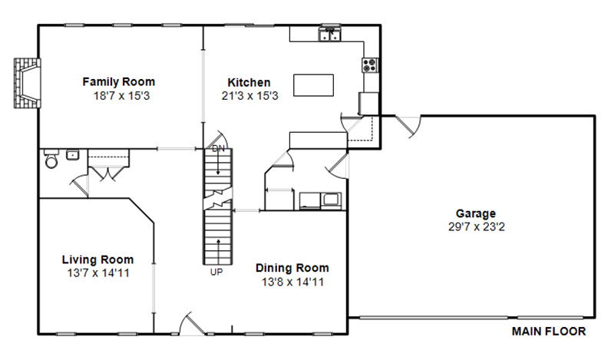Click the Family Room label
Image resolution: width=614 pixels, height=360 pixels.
click(119, 82)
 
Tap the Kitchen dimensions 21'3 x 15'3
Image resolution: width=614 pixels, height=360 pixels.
click(250, 96)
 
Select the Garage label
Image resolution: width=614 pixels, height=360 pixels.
click(476, 213)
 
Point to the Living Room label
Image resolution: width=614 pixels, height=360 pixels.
click(98, 259)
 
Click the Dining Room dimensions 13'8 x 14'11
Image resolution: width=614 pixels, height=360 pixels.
click(292, 282)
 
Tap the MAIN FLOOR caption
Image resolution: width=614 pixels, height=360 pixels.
click(549, 332)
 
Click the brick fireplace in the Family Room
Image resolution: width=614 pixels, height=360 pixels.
click(28, 83)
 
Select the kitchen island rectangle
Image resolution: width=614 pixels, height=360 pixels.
click(314, 85)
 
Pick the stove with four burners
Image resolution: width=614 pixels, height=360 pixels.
click(370, 65)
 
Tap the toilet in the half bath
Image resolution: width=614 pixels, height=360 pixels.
click(51, 158)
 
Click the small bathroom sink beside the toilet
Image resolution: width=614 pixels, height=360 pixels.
click(72, 155)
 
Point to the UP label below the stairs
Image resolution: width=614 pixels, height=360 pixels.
click(216, 272)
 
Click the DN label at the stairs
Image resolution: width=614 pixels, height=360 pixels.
click(219, 149)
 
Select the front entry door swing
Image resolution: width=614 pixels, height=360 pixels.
click(192, 324)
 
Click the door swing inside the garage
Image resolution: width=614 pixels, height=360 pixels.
click(408, 126)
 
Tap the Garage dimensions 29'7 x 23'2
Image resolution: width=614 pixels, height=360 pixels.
click(477, 226)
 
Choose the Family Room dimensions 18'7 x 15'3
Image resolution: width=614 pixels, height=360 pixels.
click(121, 96)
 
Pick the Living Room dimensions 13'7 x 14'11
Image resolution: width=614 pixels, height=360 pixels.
click(98, 273)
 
